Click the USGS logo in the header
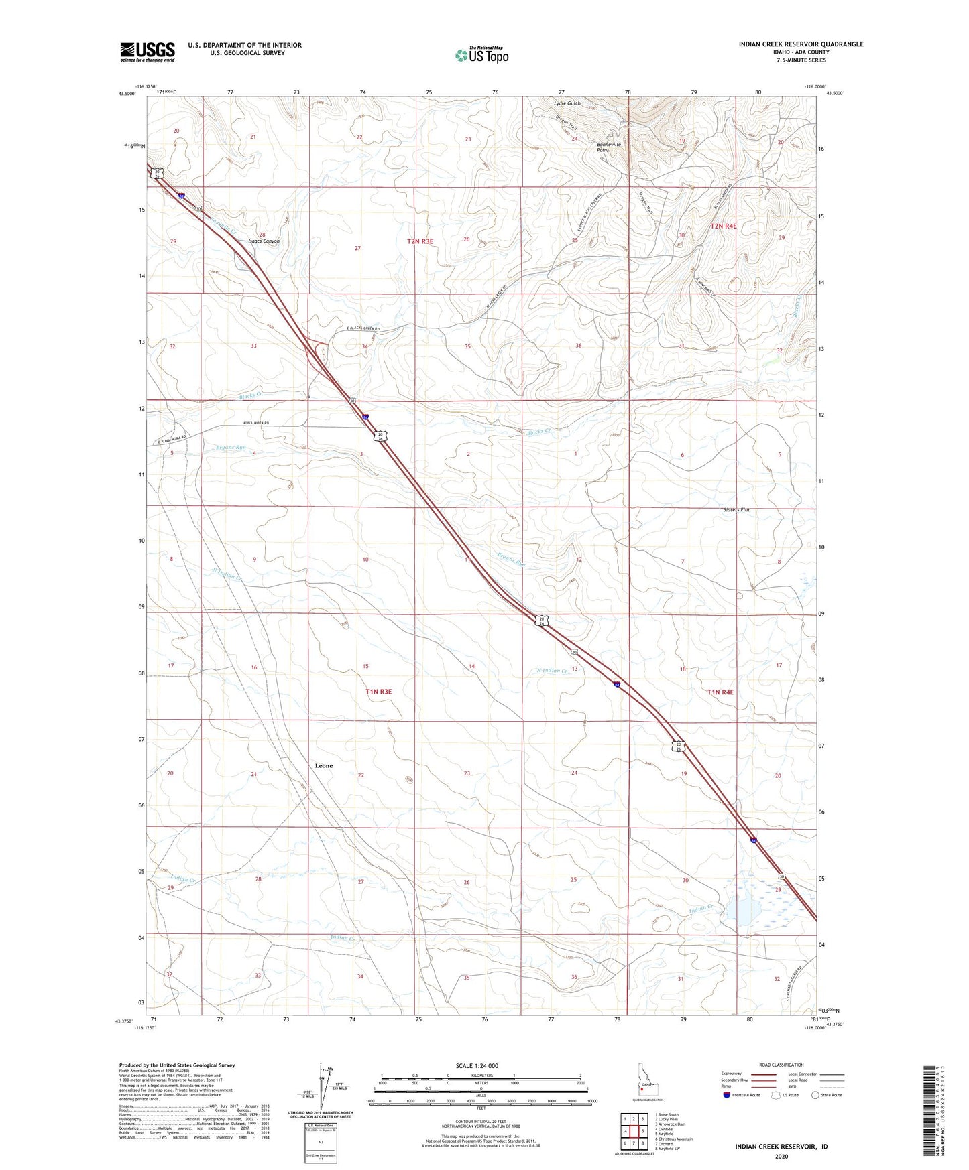click(148, 52)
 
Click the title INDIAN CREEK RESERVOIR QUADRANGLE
click(801, 44)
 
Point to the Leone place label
click(324, 765)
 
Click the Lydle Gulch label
click(567, 103)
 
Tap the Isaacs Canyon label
click(264, 241)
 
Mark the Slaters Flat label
click(736, 510)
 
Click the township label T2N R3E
click(424, 241)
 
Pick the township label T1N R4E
click(721, 692)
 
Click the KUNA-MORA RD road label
click(252, 424)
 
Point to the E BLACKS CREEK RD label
click(363, 329)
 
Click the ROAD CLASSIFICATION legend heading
click(781, 1065)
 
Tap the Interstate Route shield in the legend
click(728, 1095)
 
